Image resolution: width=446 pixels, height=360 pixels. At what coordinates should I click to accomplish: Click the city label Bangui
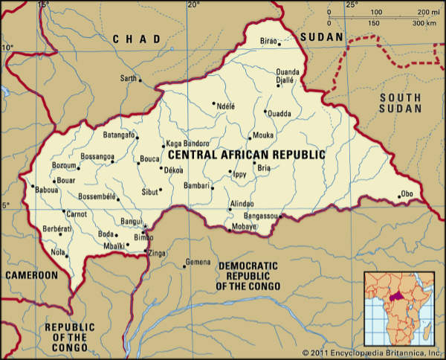coord(131,221)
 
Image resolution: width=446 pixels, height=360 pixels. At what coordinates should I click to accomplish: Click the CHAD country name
coord(136,39)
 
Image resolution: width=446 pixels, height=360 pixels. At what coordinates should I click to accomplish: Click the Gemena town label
coord(198,263)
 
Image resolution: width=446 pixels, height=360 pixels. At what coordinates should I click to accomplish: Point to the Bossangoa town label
coord(97,157)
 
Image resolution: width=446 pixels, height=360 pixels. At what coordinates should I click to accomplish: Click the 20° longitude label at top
coord(194,5)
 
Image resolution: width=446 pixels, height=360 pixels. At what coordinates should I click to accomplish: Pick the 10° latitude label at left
coord(7,48)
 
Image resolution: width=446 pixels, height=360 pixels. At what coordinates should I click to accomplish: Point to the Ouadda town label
coord(279,114)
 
